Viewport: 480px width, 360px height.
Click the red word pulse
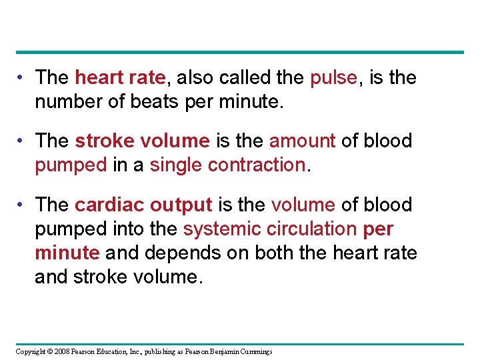point(333,78)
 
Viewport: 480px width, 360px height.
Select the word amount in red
point(301,141)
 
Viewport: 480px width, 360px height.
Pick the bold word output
point(181,205)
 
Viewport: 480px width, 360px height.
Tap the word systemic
point(221,229)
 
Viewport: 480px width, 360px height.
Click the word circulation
point(311,229)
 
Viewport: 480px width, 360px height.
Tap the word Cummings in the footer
point(253,351)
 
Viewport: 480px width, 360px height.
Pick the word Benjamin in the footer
point(217,351)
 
